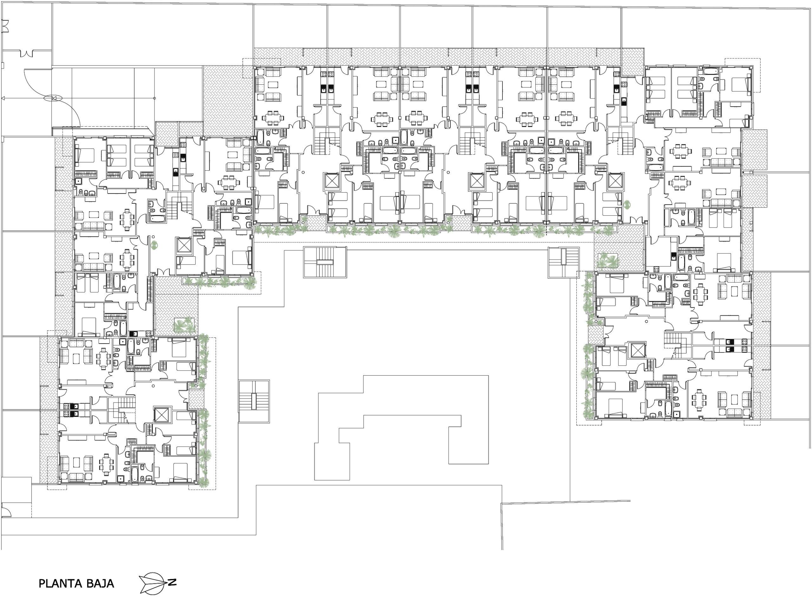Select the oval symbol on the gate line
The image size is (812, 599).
[53, 98]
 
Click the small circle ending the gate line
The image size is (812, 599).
[155, 98]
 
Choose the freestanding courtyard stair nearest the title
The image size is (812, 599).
[254, 401]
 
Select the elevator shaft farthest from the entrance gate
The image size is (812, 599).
[638, 350]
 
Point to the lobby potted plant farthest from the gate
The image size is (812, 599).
[627, 204]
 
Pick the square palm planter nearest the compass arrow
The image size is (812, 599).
[184, 325]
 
